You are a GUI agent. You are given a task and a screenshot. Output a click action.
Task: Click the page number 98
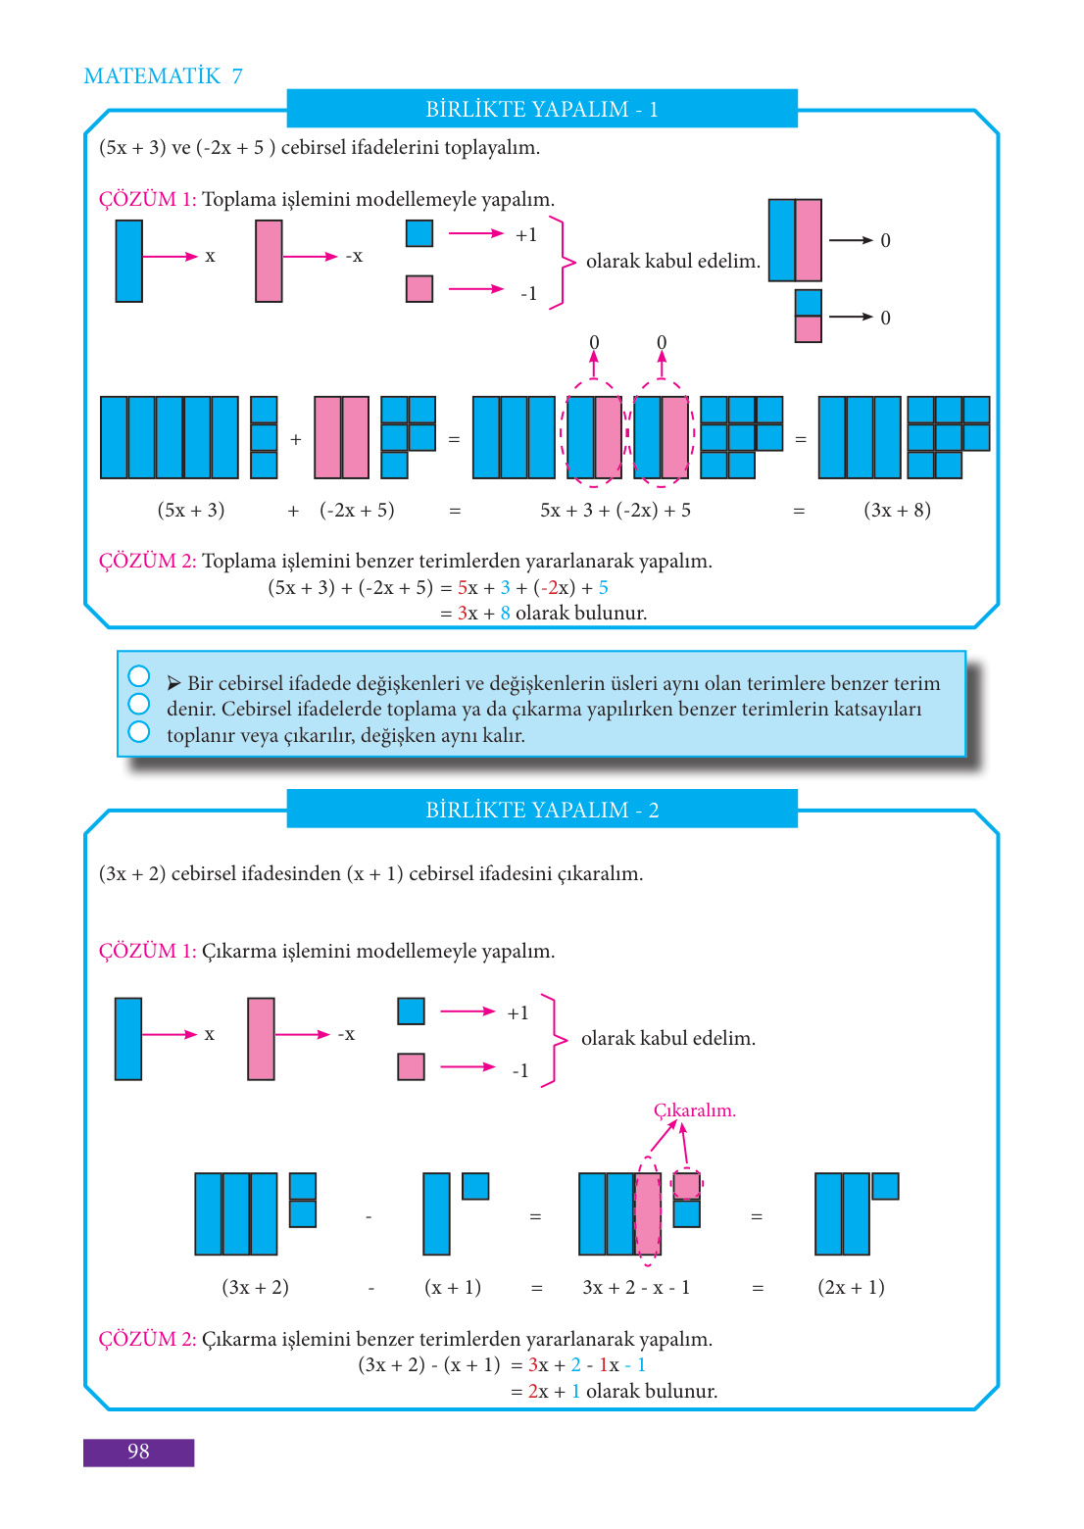point(138,1452)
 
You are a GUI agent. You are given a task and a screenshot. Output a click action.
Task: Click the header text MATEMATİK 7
point(163,76)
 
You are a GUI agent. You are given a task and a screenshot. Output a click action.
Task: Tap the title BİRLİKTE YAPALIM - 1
point(542,109)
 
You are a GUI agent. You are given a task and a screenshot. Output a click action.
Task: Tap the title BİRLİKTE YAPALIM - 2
point(542,810)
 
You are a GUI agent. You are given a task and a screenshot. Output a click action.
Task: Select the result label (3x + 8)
point(897,510)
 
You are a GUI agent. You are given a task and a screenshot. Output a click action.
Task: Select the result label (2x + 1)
point(851,1287)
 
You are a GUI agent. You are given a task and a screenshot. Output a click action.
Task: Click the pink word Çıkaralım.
point(694,1110)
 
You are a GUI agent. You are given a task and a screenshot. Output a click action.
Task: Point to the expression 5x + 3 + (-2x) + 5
point(616,510)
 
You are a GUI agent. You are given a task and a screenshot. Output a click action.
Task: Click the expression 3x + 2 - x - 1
point(636,1287)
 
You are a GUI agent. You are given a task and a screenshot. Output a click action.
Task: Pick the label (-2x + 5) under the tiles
point(357,510)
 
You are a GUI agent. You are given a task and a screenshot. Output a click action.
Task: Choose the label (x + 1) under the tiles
point(453,1287)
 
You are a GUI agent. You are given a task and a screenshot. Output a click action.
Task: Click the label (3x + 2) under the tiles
point(255,1287)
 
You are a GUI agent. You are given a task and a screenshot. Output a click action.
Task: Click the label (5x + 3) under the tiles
point(191,510)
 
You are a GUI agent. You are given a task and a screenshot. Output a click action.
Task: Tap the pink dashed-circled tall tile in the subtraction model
point(648,1213)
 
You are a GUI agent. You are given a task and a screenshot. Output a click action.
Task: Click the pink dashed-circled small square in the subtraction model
point(687,1186)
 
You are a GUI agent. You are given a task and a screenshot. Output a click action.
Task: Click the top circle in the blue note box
point(139,676)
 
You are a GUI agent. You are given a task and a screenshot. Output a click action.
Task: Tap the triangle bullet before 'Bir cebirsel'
point(173,683)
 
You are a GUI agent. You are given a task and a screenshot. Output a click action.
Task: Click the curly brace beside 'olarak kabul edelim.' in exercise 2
point(555,1040)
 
